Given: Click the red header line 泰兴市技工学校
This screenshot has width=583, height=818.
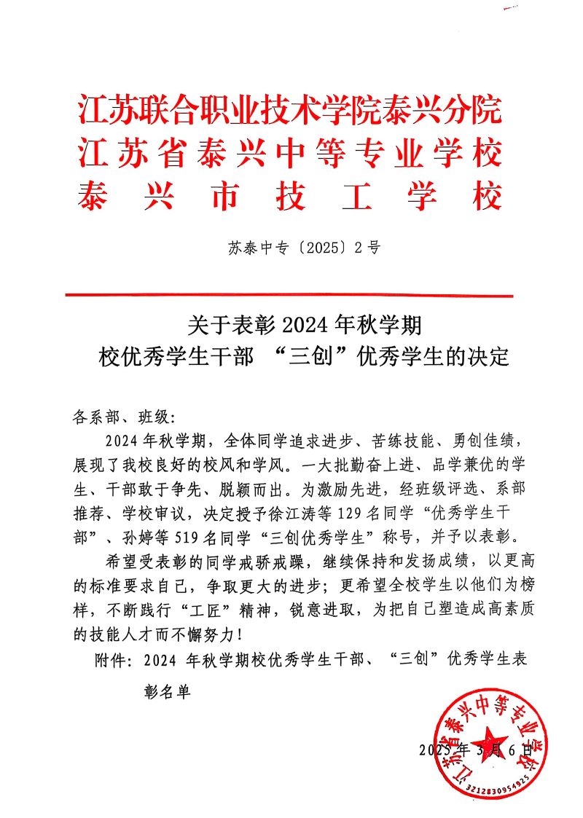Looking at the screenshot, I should (290, 195).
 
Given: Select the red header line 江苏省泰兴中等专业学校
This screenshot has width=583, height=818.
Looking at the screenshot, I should (290, 154).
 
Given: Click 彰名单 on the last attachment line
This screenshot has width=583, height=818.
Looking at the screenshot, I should (166, 692).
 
